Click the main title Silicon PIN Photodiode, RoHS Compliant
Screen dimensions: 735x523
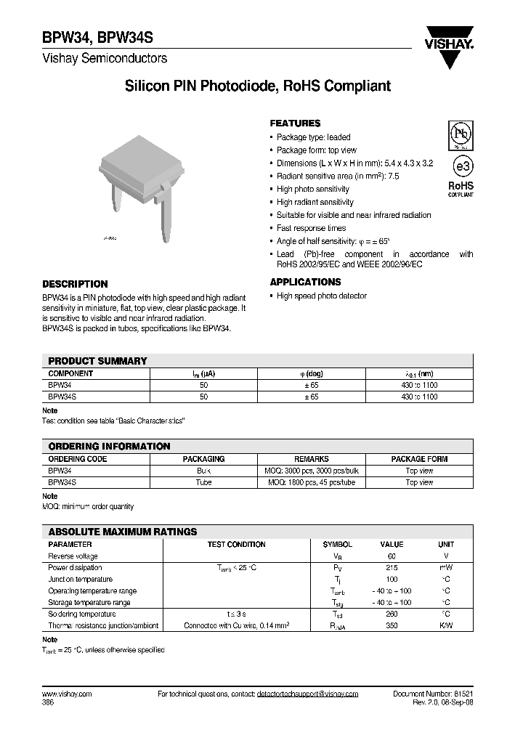tap(258, 86)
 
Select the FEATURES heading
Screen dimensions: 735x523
tap(295, 123)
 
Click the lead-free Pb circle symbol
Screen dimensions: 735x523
tap(461, 136)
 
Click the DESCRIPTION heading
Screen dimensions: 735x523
tap(75, 284)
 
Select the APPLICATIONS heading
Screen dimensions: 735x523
tap(305, 282)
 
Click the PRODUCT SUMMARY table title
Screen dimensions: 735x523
tap(97, 361)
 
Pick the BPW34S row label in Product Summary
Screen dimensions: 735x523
tap(62, 397)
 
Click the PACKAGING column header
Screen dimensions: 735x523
tap(203, 459)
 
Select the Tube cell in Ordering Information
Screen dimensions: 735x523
tap(203, 482)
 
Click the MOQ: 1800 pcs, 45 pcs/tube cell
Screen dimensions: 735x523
tap(312, 482)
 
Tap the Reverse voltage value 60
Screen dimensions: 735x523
tap(392, 556)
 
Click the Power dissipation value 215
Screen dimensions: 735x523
tap(392, 567)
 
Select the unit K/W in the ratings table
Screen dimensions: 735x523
tap(445, 625)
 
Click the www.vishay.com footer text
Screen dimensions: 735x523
tap(67, 694)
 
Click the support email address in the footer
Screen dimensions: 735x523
tap(307, 694)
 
